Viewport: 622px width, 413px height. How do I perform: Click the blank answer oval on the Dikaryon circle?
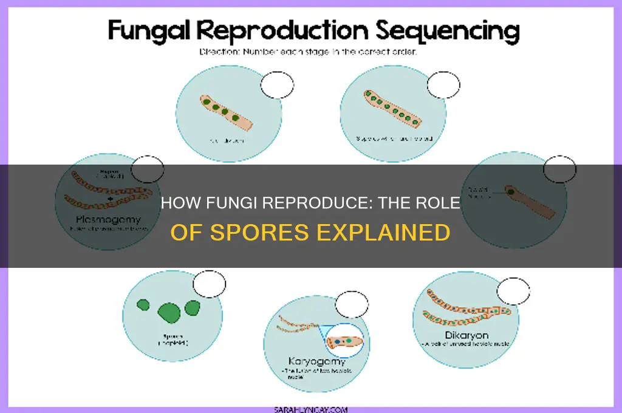tap(513, 291)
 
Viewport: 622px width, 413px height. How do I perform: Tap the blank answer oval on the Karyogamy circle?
tap(352, 304)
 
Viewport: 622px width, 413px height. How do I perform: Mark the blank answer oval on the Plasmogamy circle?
tap(148, 169)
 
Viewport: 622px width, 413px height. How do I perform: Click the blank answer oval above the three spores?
tap(209, 284)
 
